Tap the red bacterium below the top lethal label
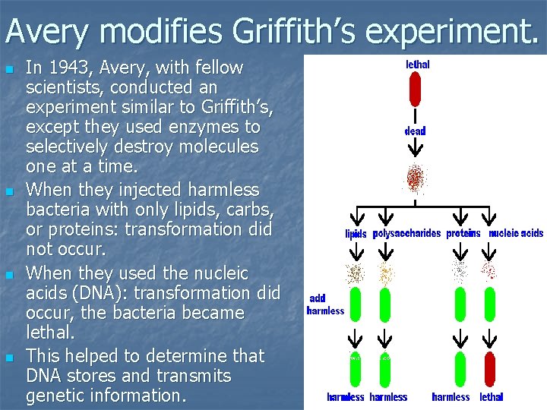[x=415, y=90]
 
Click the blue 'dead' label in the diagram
[x=415, y=131]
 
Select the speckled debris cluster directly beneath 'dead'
[x=415, y=178]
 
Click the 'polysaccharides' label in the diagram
[x=406, y=234]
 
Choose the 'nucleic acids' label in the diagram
[x=516, y=234]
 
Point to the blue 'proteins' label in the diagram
[x=463, y=234]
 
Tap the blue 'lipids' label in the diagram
[x=356, y=235]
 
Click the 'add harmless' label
[x=325, y=305]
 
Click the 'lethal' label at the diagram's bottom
[x=492, y=397]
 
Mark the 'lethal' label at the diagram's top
[x=417, y=65]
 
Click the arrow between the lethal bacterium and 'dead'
[x=415, y=116]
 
